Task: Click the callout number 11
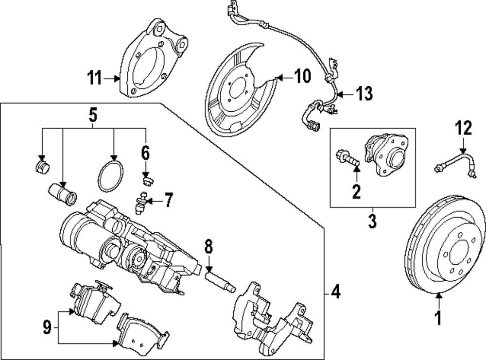95,77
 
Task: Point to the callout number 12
463,129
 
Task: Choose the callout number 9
47,327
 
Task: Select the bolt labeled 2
347,157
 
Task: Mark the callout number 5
93,115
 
